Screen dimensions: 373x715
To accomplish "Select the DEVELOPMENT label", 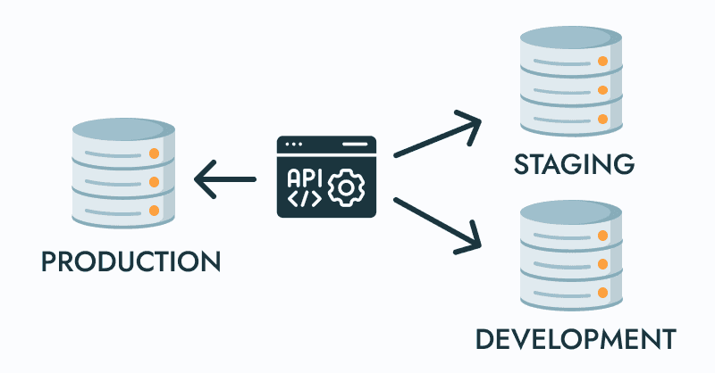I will [574, 340].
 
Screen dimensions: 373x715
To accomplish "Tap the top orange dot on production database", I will [154, 153].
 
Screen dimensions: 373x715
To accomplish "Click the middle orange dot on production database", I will [154, 182].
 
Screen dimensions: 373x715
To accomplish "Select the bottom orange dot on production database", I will [154, 211].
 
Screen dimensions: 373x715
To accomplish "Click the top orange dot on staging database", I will [603, 62].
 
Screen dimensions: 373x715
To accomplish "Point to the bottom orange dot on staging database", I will [603, 119].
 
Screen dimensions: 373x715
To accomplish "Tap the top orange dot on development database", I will [603, 236].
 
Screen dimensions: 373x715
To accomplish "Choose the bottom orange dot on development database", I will [603, 294].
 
